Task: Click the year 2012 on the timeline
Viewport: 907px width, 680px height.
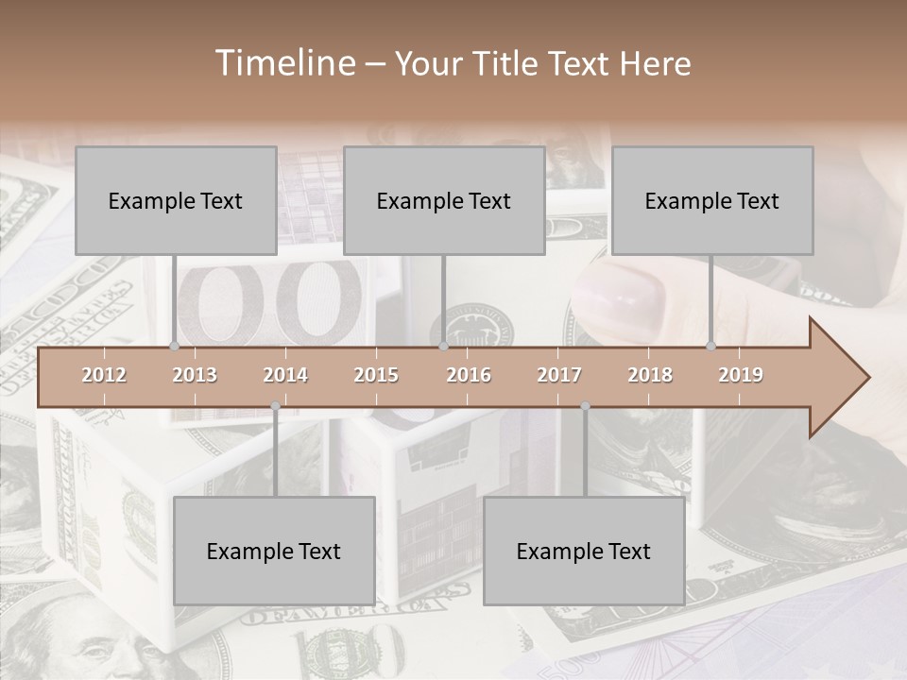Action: coord(104,375)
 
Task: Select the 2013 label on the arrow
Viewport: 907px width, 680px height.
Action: coord(195,375)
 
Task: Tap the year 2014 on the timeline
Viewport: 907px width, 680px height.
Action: coord(285,375)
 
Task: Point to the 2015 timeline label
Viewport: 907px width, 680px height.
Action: coord(376,375)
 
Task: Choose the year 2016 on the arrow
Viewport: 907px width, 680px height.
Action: coord(469,375)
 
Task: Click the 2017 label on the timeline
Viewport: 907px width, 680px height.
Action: coord(559,375)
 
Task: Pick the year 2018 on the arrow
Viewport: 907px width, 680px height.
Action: coord(650,375)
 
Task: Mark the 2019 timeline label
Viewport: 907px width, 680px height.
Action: coord(741,375)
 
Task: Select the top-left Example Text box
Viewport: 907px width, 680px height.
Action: coord(176,201)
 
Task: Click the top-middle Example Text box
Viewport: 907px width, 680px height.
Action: coord(444,201)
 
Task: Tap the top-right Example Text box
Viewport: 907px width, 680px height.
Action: coord(712,201)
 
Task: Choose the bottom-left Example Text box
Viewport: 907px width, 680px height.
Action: coord(274,552)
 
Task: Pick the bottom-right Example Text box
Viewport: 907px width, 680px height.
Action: coord(584,552)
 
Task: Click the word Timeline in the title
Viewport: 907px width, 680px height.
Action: coord(283,63)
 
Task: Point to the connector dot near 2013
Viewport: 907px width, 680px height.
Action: coord(174,347)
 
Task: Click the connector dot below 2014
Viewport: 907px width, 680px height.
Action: coord(275,406)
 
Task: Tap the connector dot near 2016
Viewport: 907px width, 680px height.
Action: coord(443,347)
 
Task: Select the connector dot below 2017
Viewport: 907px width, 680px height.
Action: coord(585,406)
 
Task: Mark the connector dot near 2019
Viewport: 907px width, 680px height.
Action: coord(711,347)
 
